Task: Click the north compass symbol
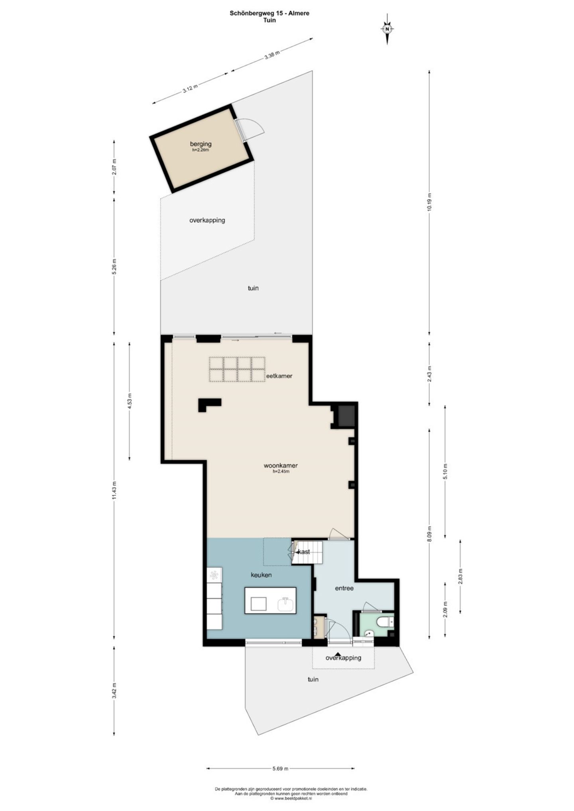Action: [387, 28]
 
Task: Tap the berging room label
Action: [201, 144]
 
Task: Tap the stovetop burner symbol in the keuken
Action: [214, 575]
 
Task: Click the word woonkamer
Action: [281, 465]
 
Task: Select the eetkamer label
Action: [279, 375]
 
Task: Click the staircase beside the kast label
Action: [307, 552]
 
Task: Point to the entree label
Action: [344, 588]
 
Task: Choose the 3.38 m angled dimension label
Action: [272, 55]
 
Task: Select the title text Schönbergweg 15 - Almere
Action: [269, 13]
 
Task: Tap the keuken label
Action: [261, 575]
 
